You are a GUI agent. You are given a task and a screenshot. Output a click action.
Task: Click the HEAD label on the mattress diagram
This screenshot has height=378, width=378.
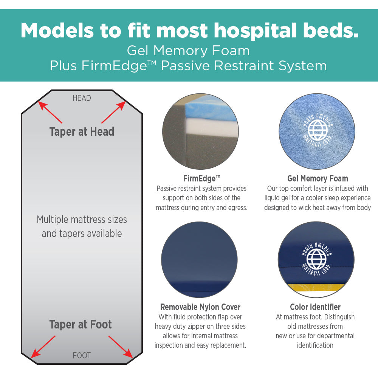point(82,98)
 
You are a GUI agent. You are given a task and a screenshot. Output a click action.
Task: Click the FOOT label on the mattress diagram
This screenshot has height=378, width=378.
point(82,355)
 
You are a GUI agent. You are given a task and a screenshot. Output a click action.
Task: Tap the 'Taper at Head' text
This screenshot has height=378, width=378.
point(82,132)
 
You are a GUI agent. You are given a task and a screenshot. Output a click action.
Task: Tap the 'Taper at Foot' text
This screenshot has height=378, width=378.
point(81,324)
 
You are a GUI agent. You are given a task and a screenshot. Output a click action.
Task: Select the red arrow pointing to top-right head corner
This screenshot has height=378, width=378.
point(113,112)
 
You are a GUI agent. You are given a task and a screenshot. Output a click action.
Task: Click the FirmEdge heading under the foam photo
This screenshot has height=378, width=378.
point(201,178)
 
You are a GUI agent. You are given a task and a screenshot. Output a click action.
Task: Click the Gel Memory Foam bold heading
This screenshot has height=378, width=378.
point(318,178)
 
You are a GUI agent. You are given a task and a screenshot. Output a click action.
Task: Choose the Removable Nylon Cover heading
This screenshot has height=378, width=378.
point(200,307)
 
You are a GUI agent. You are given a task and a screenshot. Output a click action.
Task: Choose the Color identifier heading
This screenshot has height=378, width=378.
point(315,307)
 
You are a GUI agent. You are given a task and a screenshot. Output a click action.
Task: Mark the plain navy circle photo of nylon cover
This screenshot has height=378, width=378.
point(199,259)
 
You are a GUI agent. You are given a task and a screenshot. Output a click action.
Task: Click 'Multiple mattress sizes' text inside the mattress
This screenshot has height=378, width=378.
point(82,219)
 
